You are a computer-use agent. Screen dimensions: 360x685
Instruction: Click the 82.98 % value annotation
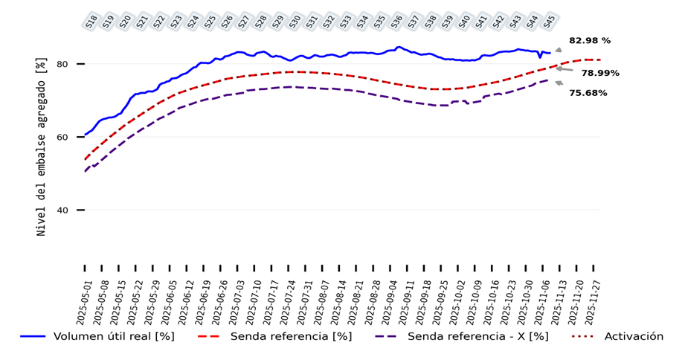pos(589,40)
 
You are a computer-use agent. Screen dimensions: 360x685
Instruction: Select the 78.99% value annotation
pos(599,73)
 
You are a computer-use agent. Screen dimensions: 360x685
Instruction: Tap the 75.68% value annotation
pos(588,93)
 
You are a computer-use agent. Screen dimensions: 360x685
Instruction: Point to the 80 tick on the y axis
pos(63,64)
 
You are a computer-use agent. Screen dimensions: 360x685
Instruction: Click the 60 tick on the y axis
pos(63,137)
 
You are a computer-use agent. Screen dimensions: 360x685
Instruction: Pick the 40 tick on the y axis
pos(63,210)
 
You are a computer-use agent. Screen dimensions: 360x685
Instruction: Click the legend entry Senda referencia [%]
pos(290,336)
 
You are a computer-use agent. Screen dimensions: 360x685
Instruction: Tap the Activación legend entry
pos(633,336)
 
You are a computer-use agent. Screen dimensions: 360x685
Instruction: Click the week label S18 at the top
pos(91,22)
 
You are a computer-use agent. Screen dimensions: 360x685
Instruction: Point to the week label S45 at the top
pos(549,22)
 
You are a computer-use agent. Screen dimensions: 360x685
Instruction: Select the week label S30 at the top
pos(295,22)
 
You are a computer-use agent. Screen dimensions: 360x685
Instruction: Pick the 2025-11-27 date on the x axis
pos(596,298)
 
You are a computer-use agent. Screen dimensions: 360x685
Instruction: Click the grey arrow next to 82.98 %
pos(559,50)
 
